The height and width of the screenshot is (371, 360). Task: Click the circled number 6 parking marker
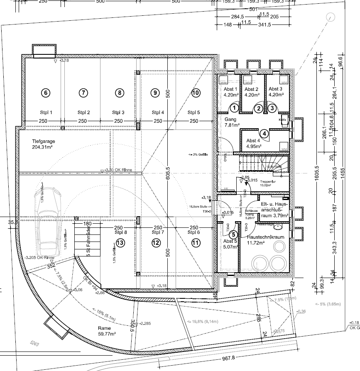tap(46, 93)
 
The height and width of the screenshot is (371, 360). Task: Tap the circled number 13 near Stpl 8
tap(120, 243)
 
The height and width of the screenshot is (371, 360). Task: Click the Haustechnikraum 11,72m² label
tap(265, 239)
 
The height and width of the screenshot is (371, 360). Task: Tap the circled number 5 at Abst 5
tap(234, 235)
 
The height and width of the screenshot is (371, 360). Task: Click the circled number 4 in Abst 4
tap(264, 134)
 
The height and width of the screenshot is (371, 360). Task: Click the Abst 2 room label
tap(252, 92)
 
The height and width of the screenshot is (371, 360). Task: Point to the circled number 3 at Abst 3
tap(272, 108)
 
